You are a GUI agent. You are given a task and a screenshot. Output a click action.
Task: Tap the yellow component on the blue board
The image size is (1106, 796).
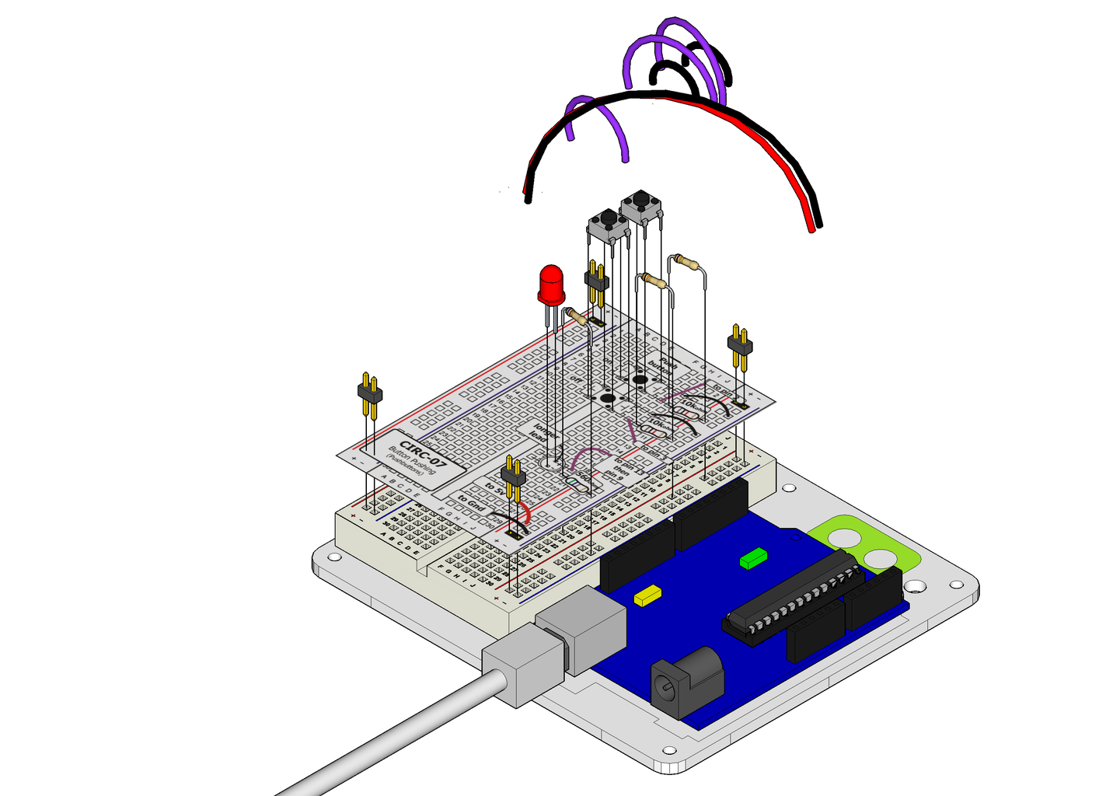(x=647, y=595)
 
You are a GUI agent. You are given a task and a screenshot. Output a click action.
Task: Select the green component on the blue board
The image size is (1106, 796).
(x=753, y=557)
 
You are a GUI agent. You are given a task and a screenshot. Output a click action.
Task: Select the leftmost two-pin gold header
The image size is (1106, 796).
(x=369, y=393)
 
